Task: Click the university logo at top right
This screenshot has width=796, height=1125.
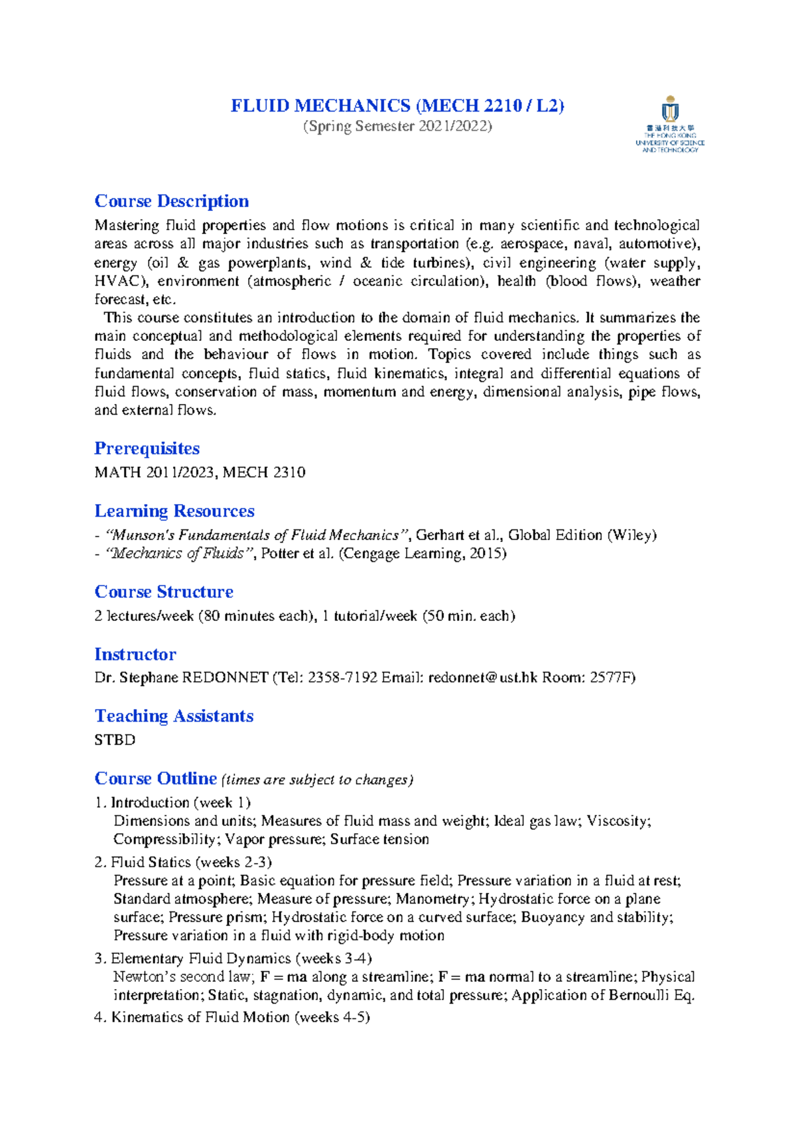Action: point(669,125)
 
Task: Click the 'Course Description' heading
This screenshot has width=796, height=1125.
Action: point(172,201)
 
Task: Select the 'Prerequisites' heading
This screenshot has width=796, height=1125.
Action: point(147,448)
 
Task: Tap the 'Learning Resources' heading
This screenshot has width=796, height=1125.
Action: point(174,511)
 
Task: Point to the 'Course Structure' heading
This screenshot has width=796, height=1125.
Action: point(164,592)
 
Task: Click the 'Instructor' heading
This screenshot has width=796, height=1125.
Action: point(135,654)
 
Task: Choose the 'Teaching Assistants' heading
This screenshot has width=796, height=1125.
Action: point(174,716)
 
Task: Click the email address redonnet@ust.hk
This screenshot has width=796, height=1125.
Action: point(482,678)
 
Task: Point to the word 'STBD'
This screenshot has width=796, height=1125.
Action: point(115,740)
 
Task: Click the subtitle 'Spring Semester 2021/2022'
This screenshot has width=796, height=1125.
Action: point(397,126)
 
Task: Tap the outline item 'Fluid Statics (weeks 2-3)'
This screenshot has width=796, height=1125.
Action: point(191,862)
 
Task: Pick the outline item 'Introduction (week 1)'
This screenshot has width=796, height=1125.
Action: point(180,803)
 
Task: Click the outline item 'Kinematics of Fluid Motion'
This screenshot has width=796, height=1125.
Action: point(200,1017)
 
